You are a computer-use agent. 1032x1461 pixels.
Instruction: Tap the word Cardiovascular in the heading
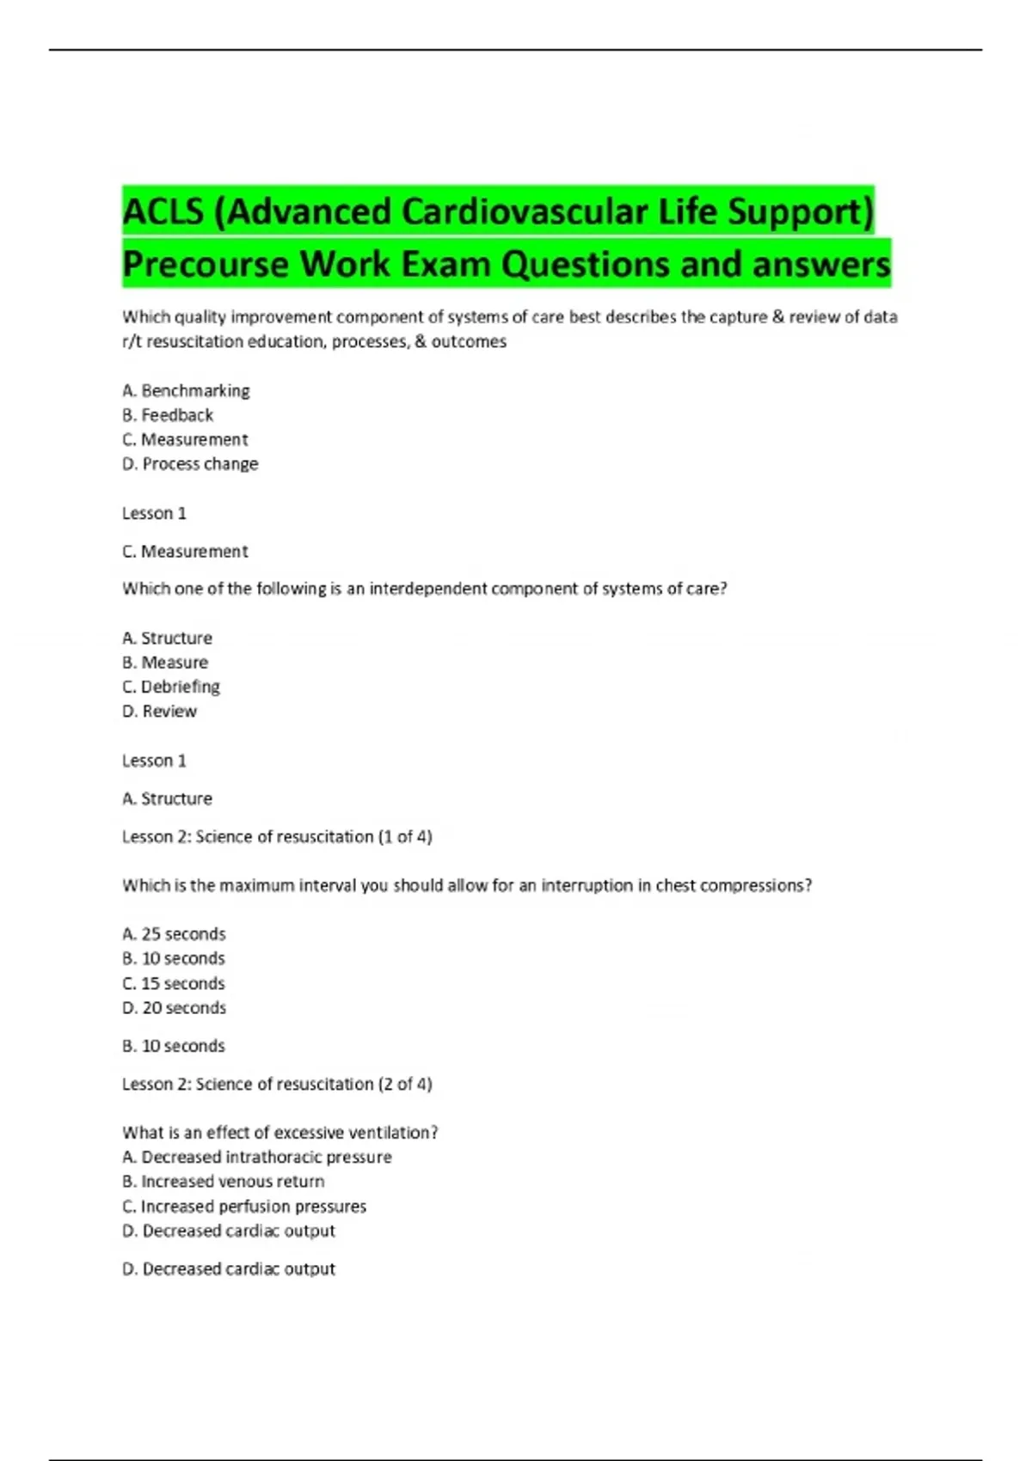[524, 212]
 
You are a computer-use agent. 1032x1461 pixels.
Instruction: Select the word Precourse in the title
[205, 265]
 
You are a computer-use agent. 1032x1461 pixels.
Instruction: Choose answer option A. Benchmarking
[186, 391]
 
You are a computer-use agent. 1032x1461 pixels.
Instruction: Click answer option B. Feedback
[168, 415]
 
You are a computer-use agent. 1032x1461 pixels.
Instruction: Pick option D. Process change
[190, 464]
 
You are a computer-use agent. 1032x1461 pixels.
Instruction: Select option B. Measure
[165, 663]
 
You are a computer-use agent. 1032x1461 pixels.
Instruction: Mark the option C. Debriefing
[171, 687]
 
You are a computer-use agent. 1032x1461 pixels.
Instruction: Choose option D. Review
[159, 712]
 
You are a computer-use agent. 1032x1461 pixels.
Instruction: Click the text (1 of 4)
[405, 837]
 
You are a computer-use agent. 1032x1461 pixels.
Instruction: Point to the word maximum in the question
[256, 886]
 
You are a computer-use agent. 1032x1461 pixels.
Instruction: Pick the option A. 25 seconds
[174, 934]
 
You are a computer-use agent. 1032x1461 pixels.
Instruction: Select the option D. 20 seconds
[174, 1008]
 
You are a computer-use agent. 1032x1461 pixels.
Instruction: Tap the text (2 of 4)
[405, 1085]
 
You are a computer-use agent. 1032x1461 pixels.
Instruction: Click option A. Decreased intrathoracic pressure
[257, 1158]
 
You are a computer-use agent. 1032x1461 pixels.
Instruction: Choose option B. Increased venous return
[224, 1182]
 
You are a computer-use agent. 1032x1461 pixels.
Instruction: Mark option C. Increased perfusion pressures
[244, 1207]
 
